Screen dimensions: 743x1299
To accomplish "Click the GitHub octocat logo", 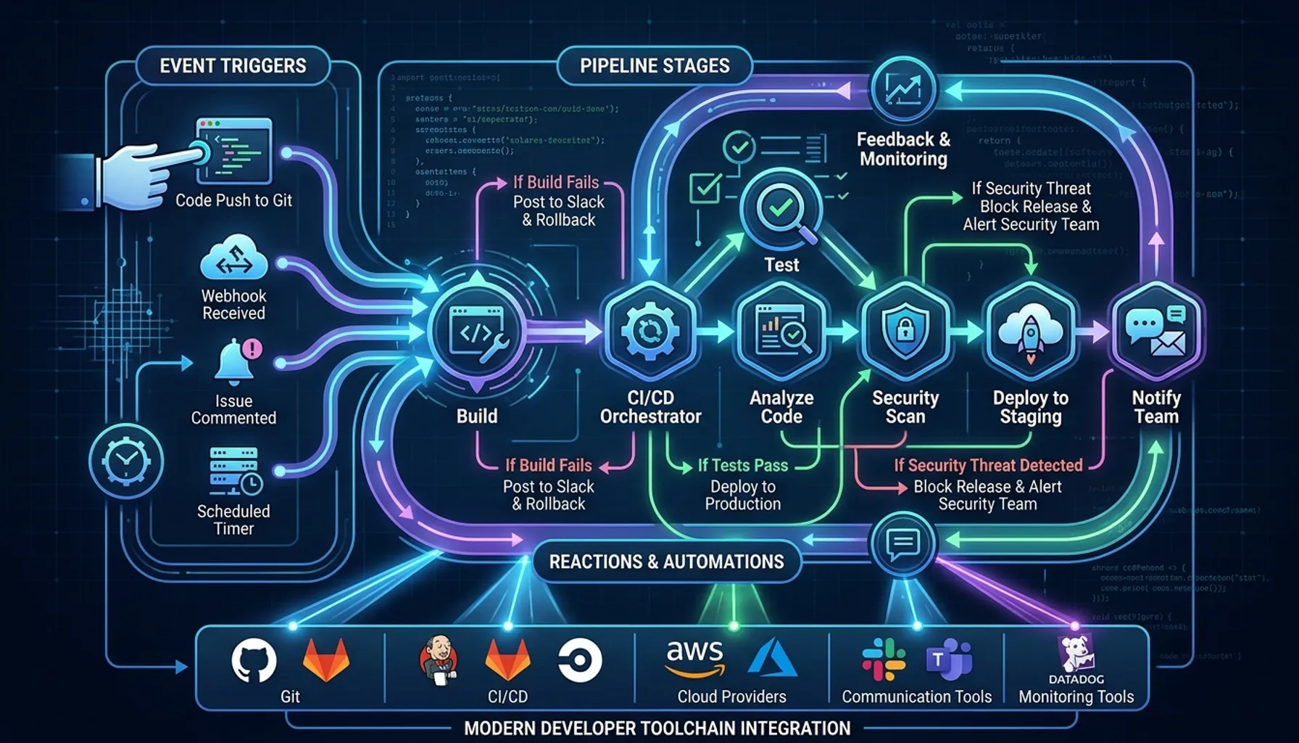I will coord(254,661).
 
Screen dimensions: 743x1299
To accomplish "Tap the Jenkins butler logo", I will coord(439,660).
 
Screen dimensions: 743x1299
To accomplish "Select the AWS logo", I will coord(694,656).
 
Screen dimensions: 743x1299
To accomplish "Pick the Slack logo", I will coord(884,660).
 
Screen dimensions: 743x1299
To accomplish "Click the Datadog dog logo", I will coord(1076,654).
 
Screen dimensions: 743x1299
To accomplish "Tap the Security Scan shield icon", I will coord(905,332).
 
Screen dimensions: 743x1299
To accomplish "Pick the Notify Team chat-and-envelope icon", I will coord(1155,332).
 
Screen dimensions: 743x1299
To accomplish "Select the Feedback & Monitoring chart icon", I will coord(903,90).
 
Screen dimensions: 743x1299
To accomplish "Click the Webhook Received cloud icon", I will coord(233,258).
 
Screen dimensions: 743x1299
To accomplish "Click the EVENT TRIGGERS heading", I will coord(233,66).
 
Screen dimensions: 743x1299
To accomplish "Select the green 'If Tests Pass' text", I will coord(742,465).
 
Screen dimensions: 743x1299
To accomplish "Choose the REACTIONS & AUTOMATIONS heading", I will coord(666,562).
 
